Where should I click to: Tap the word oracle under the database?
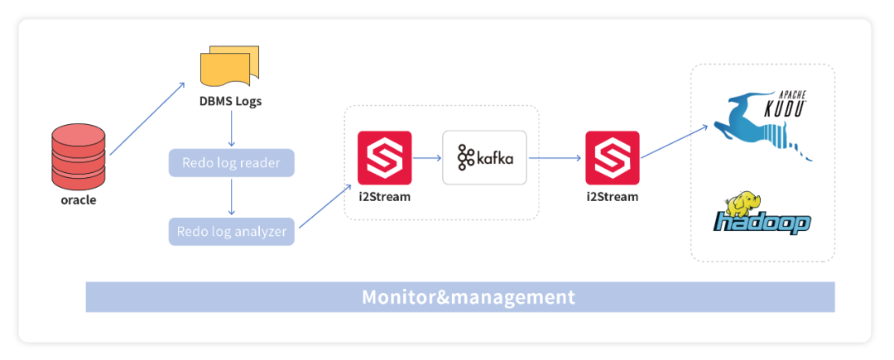click(79, 199)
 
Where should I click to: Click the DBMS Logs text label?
click(231, 102)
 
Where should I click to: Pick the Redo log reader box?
click(231, 162)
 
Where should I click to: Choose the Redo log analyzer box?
click(231, 232)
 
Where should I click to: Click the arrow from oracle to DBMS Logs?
click(147, 118)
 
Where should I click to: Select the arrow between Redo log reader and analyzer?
click(231, 197)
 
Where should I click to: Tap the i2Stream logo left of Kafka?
click(384, 157)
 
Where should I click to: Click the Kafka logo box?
click(484, 157)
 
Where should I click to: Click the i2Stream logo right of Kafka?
click(612, 157)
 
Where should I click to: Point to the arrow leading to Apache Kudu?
click(675, 141)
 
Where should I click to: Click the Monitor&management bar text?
click(468, 296)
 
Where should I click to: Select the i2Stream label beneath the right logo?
click(612, 197)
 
